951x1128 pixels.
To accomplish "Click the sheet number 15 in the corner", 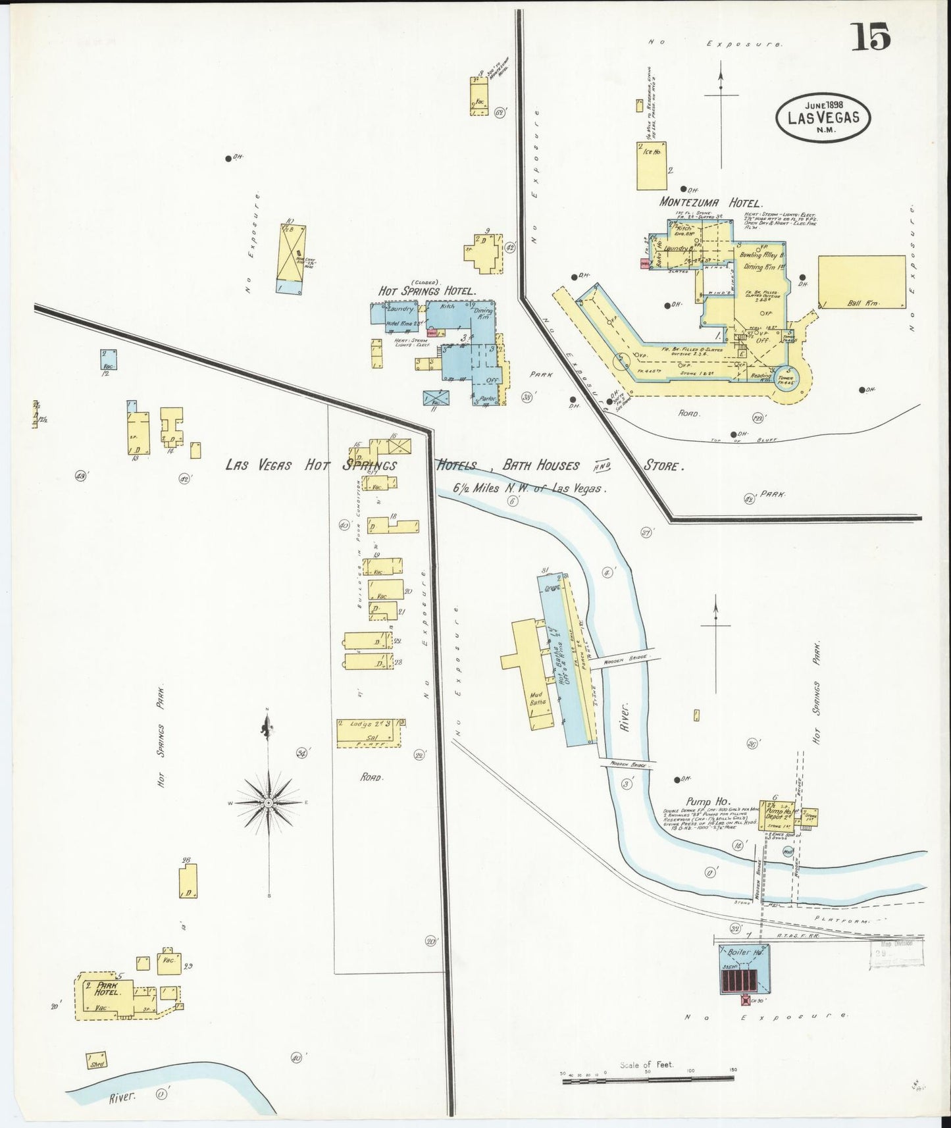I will pyautogui.click(x=871, y=36).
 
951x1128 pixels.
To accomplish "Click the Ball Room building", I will pyautogui.click(x=861, y=281).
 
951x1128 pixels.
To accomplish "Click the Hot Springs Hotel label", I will pyautogui.click(x=426, y=290).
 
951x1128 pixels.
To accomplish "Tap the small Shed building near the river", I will pyautogui.click(x=98, y=1061).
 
